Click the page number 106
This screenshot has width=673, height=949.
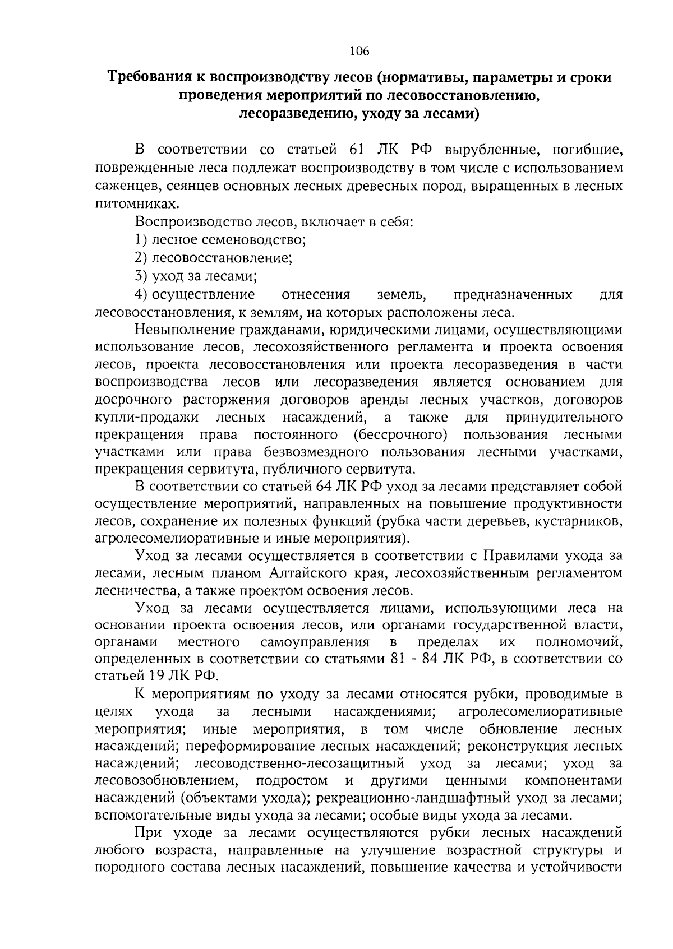click(359, 52)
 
